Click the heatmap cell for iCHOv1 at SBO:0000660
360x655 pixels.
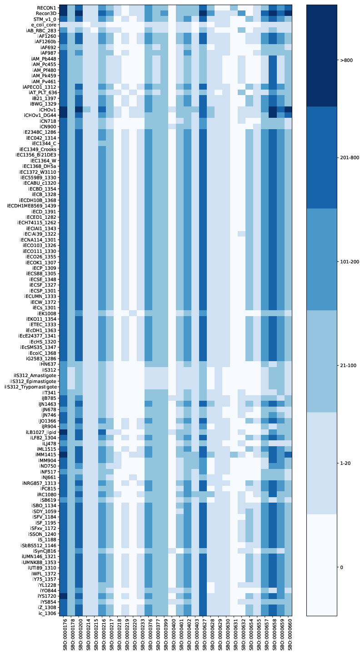click(288, 109)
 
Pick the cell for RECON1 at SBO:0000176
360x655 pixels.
click(64, 8)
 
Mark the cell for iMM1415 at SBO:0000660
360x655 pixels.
click(288, 454)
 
